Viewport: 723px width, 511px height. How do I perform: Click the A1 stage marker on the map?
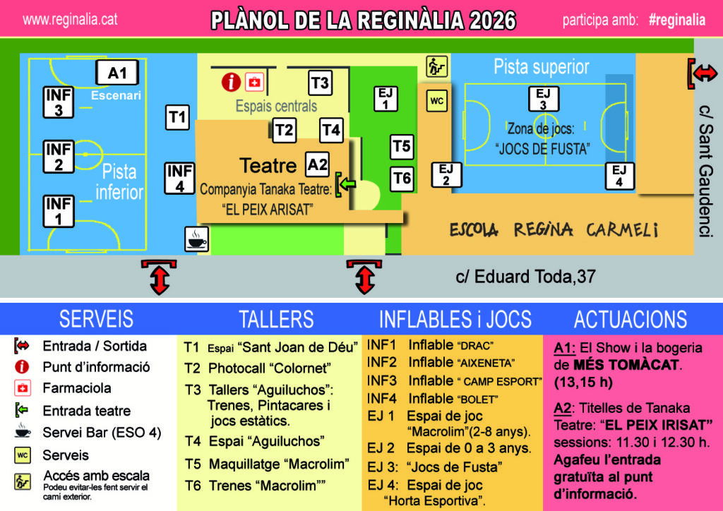point(117,73)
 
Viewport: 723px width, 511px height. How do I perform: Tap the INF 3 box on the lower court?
point(59,102)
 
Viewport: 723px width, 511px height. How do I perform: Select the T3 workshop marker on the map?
point(320,83)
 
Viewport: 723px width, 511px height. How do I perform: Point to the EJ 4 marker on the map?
point(620,176)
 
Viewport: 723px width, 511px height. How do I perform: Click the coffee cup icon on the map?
point(197,239)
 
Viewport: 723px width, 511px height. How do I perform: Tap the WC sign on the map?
point(436,100)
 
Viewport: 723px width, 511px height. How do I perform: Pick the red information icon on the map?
point(231,82)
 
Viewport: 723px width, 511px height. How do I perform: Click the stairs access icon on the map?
point(436,66)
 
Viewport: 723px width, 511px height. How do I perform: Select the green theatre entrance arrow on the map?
point(346,184)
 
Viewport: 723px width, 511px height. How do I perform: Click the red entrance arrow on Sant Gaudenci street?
point(703,73)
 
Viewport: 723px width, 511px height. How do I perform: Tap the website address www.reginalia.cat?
point(70,19)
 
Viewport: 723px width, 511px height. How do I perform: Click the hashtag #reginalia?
point(677,20)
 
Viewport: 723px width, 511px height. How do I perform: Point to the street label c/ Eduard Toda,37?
point(525,277)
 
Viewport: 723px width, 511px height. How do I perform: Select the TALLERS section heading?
point(276,319)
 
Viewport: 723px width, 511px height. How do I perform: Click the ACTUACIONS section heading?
point(631,319)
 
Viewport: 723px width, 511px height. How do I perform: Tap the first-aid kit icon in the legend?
point(22,388)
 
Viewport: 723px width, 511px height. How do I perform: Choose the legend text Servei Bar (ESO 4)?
point(102,433)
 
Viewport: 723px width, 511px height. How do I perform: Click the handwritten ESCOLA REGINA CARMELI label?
point(554,229)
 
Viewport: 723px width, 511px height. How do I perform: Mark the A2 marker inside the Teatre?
point(317,164)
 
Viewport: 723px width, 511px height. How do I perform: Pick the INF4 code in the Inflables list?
point(381,399)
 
